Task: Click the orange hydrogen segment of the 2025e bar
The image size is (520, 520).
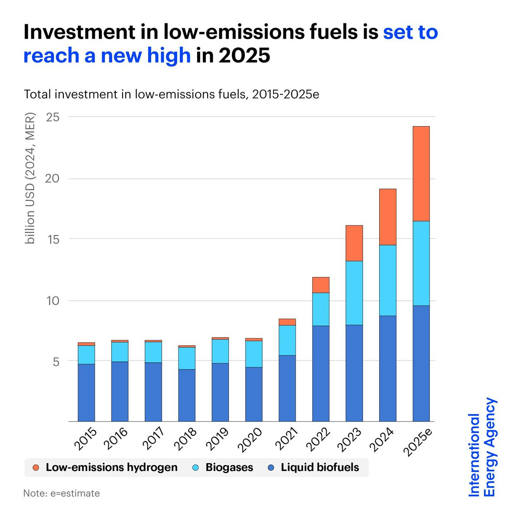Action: pos(421,173)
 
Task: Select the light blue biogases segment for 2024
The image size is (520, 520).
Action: pos(387,280)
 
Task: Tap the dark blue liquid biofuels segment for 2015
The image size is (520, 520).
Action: pos(86,392)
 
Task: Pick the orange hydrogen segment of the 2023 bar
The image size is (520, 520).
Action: pos(354,243)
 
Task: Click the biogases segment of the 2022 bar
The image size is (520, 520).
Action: pos(321,309)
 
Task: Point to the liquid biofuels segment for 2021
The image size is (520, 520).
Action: pos(287,388)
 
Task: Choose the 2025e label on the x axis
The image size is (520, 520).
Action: pos(419,442)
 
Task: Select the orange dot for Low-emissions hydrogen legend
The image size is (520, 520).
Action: pos(36,468)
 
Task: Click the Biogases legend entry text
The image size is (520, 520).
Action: pos(229,468)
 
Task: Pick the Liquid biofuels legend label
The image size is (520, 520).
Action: pos(320,468)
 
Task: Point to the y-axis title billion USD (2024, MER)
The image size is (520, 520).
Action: pos(30,178)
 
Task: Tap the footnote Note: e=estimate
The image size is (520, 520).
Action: pos(62,493)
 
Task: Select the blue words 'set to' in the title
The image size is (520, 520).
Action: pos(410,32)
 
